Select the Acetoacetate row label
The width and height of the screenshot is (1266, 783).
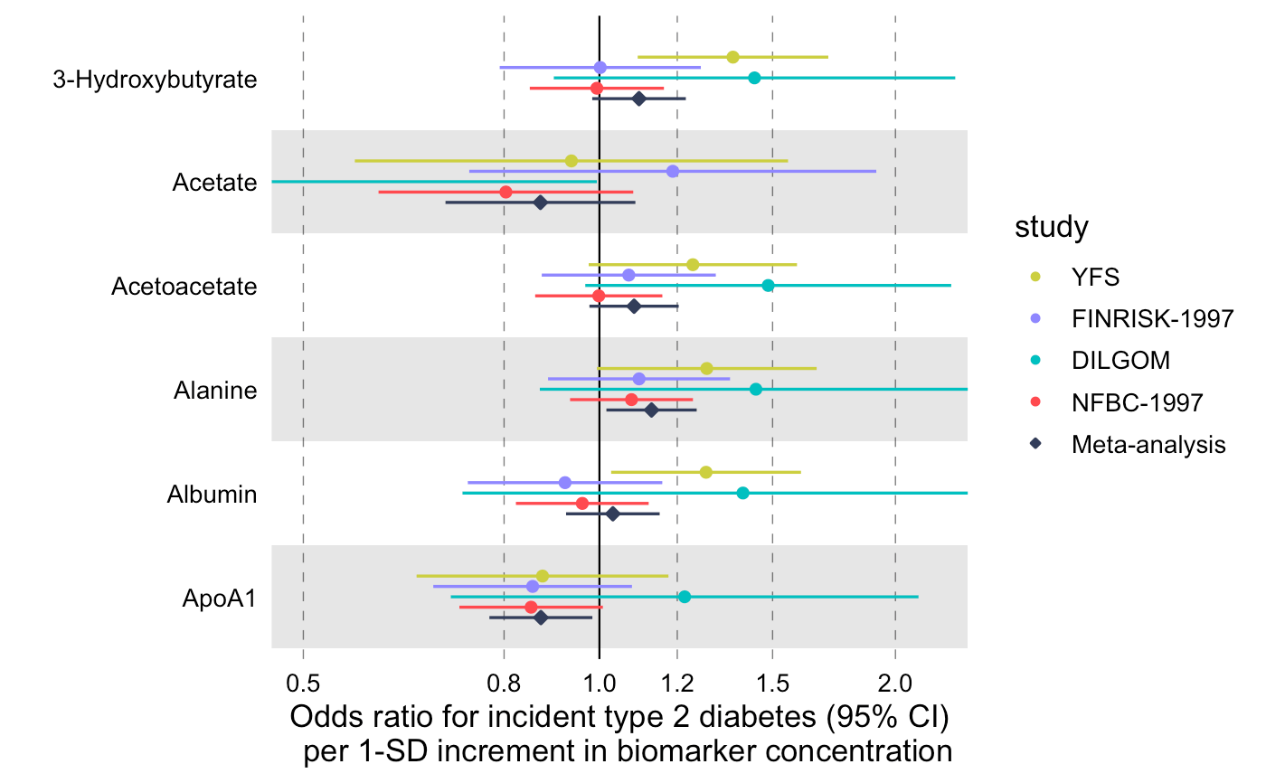pos(184,287)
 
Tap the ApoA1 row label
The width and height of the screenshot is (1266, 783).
pos(217,598)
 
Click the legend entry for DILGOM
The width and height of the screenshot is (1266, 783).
pos(1120,360)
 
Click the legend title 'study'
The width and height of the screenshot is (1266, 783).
pos(1051,228)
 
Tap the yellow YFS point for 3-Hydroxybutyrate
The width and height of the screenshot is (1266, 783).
pos(732,57)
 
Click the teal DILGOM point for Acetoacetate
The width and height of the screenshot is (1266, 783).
pos(768,286)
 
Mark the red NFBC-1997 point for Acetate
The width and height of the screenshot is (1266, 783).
pos(505,192)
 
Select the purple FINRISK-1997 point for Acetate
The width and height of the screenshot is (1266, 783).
pos(672,171)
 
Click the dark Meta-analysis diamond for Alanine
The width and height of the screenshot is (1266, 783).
pos(651,410)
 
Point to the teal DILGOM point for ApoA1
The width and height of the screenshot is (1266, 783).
pos(685,597)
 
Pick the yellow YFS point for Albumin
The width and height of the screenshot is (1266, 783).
pos(706,472)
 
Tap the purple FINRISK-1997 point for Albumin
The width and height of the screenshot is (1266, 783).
pos(565,482)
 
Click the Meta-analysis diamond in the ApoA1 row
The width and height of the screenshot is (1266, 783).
pos(541,618)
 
